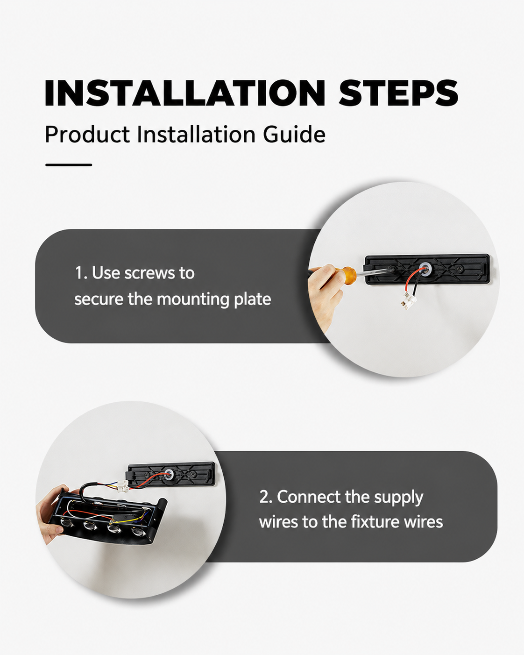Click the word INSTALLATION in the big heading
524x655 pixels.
click(x=185, y=93)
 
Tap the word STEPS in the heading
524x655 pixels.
click(x=398, y=93)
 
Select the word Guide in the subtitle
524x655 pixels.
click(x=294, y=134)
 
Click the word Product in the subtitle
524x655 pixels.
click(x=87, y=134)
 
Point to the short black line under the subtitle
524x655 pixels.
click(x=69, y=165)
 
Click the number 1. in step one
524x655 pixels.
click(x=81, y=273)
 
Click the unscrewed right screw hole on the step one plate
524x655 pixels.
click(x=459, y=269)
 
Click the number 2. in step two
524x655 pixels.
click(x=267, y=497)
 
